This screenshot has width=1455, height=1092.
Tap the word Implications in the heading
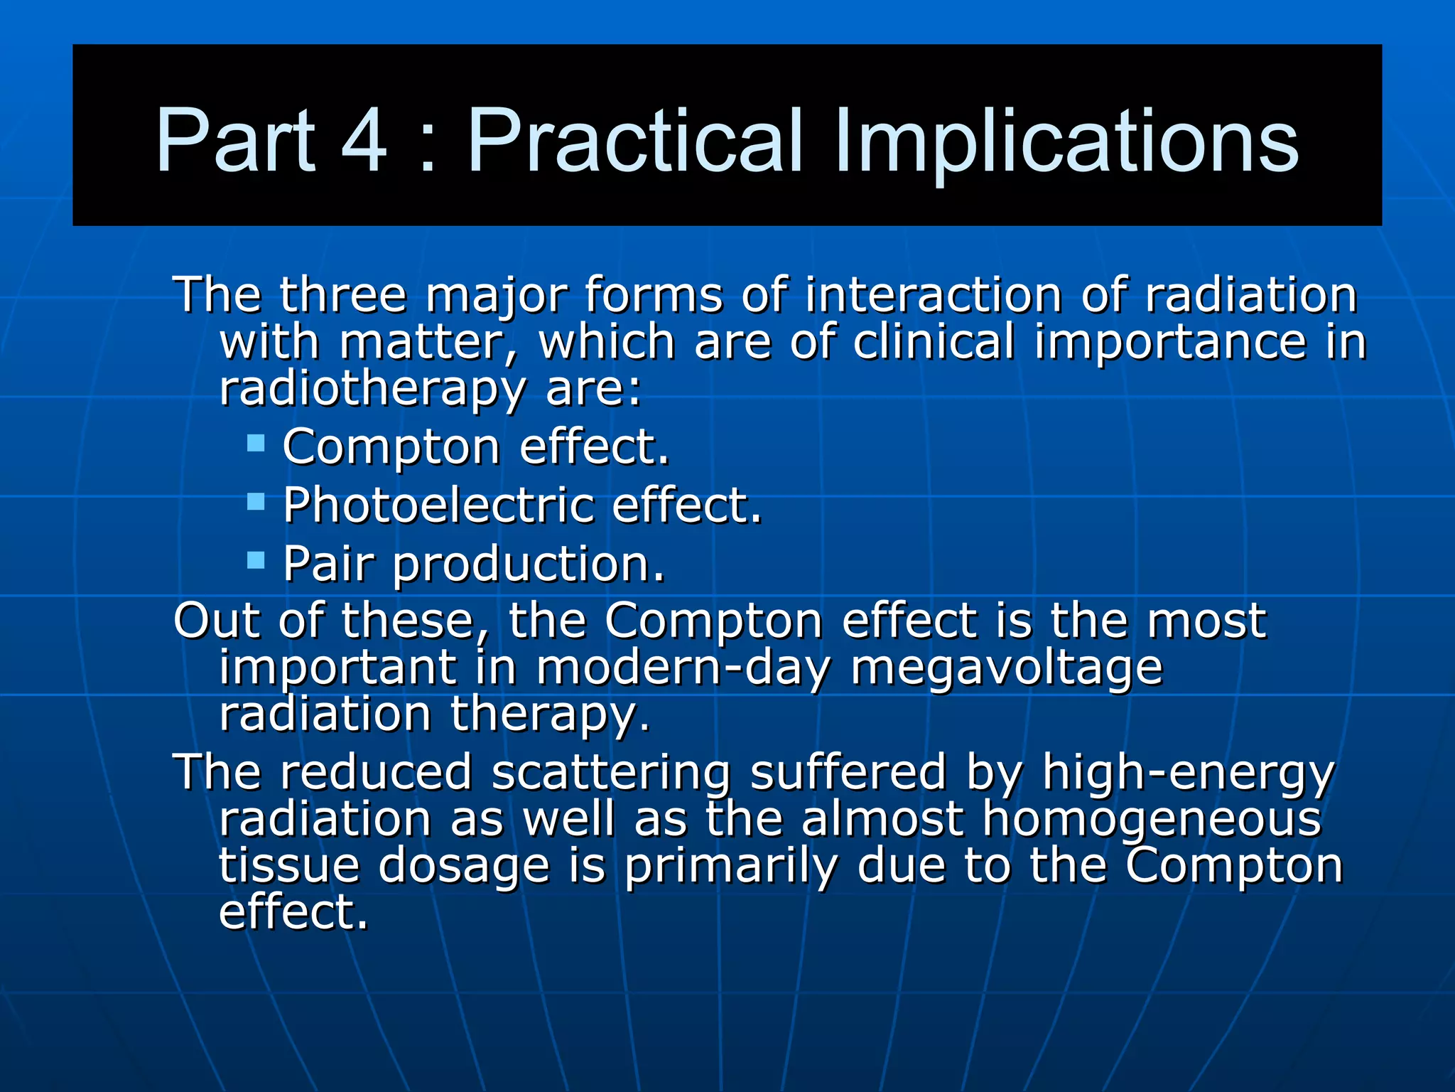pyautogui.click(x=1066, y=142)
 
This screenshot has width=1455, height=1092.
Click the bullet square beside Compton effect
pyautogui.click(x=256, y=444)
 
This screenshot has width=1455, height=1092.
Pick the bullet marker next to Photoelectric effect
pyautogui.click(x=256, y=503)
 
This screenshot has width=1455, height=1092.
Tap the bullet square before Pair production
pyautogui.click(x=256, y=561)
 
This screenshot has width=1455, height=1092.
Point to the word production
pyautogui.click(x=528, y=565)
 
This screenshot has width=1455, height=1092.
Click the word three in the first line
pyautogui.click(x=343, y=294)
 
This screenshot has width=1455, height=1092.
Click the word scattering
pyautogui.click(x=611, y=773)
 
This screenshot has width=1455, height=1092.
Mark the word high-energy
pyautogui.click(x=1189, y=773)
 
